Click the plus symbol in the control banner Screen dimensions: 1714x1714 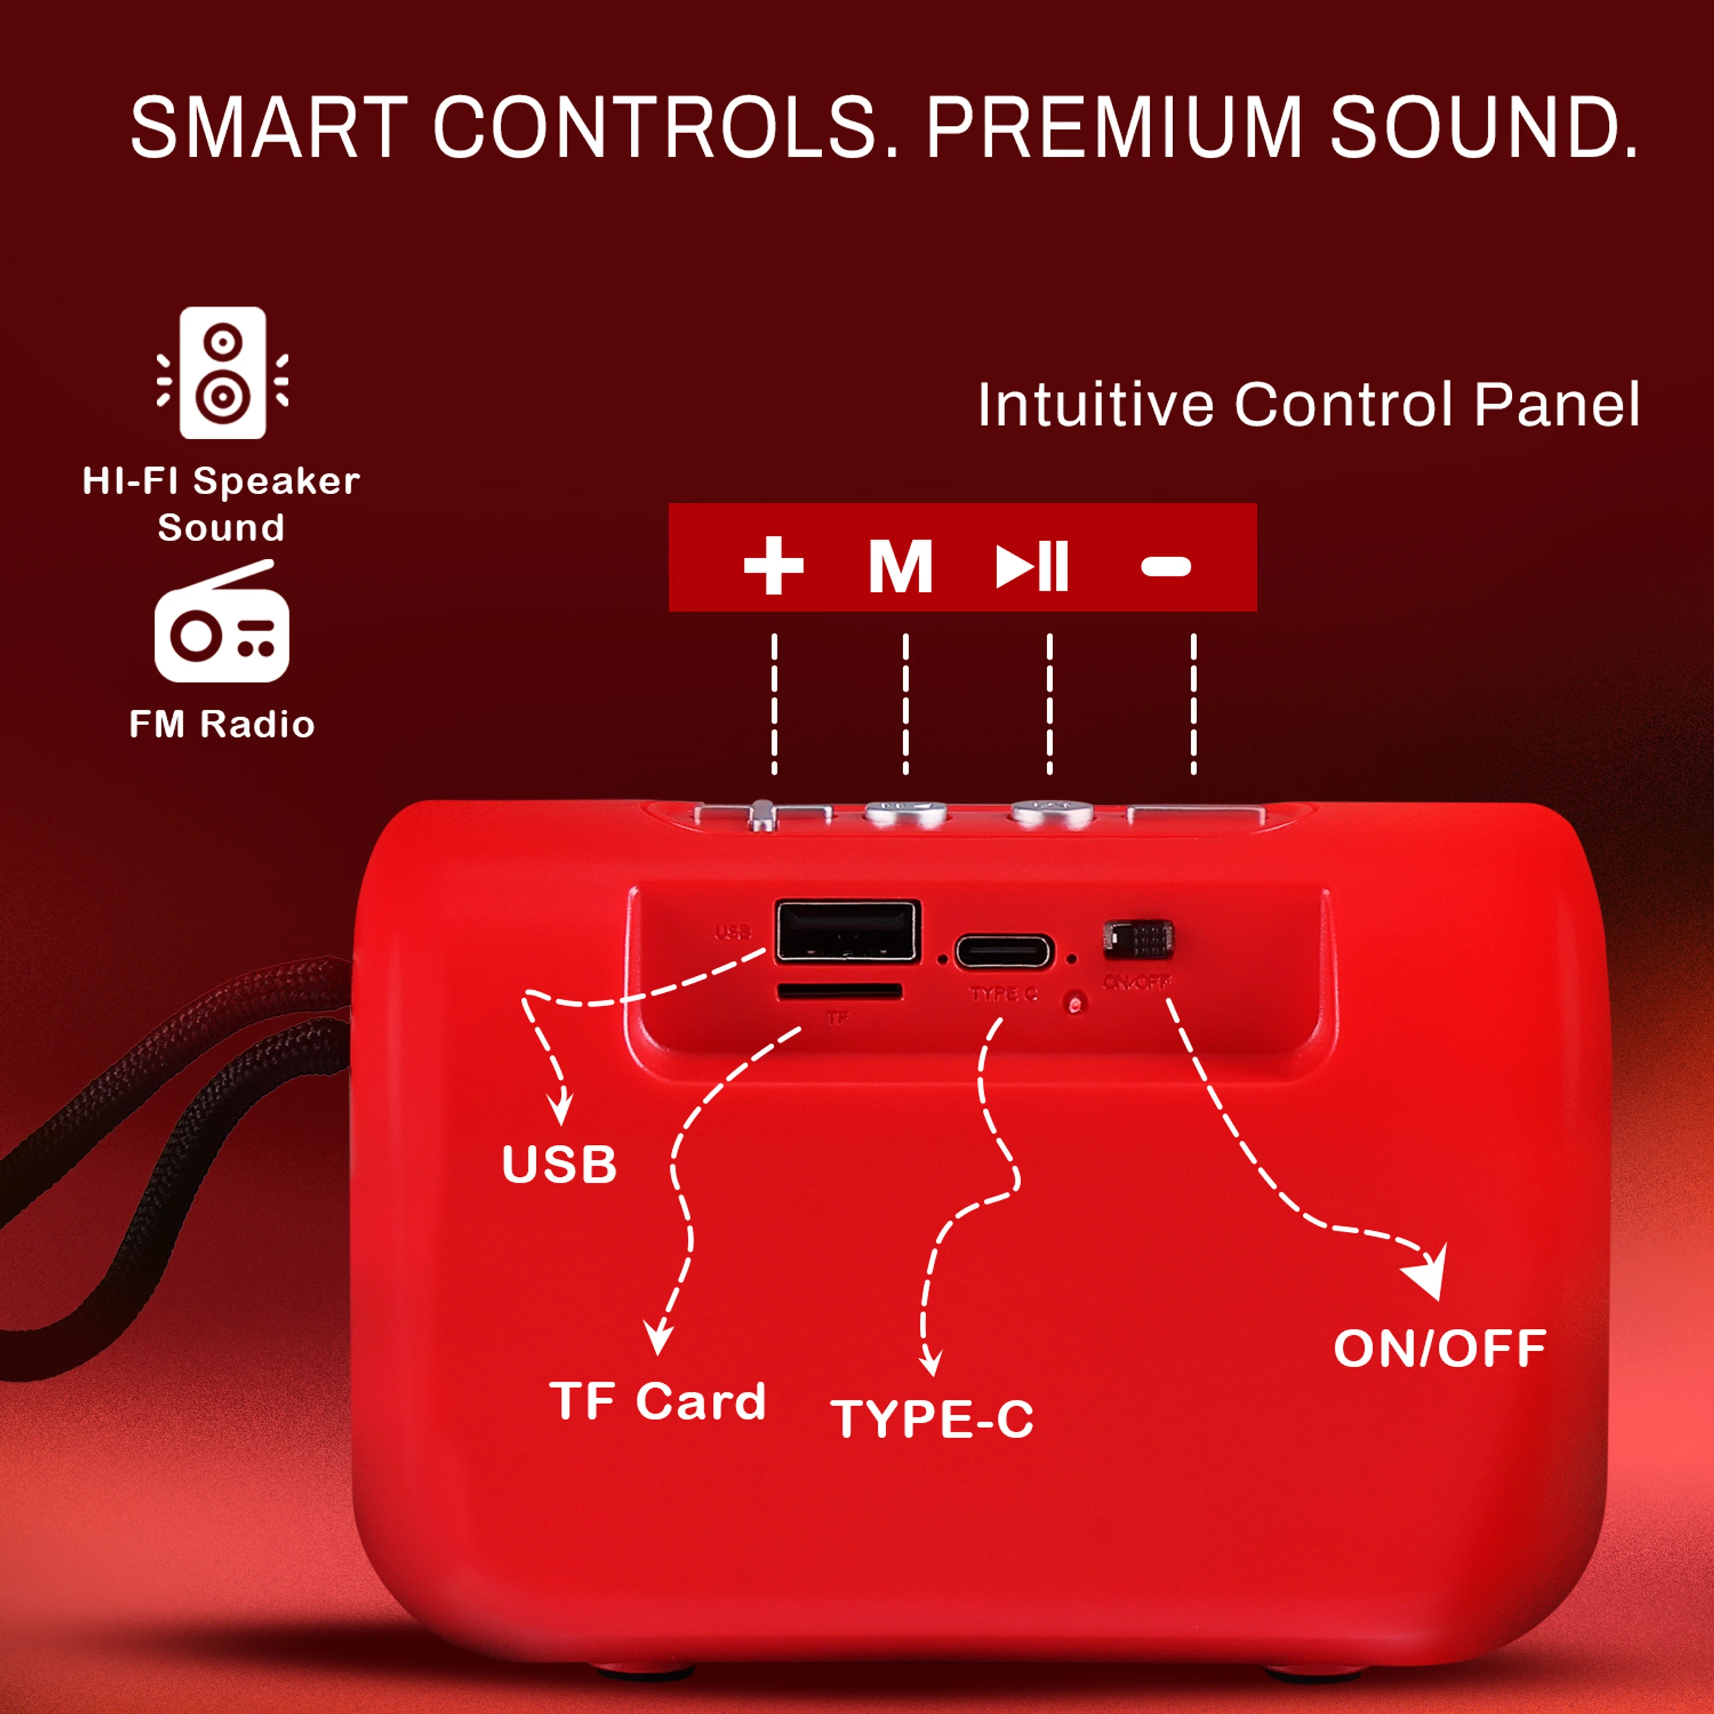(773, 565)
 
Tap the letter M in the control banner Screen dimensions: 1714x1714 (901, 566)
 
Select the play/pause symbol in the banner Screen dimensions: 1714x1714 (1032, 566)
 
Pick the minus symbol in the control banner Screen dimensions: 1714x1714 (1166, 566)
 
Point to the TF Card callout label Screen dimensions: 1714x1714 (657, 1402)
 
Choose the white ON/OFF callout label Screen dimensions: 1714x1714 (1440, 1348)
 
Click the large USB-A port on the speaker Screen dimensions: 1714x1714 (847, 931)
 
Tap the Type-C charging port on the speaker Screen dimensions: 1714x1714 (1004, 953)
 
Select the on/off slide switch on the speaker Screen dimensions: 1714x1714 (1138, 939)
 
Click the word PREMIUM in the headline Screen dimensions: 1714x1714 (1114, 129)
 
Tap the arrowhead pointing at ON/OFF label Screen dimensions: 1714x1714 (1428, 1274)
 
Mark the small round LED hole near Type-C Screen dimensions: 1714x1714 (1076, 1004)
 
